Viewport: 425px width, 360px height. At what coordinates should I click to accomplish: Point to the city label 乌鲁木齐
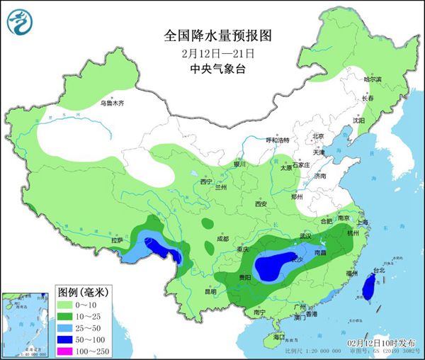pos(111,103)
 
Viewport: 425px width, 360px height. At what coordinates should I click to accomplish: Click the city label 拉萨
pos(116,240)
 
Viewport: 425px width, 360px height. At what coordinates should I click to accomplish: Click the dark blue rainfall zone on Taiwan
pos(368,286)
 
